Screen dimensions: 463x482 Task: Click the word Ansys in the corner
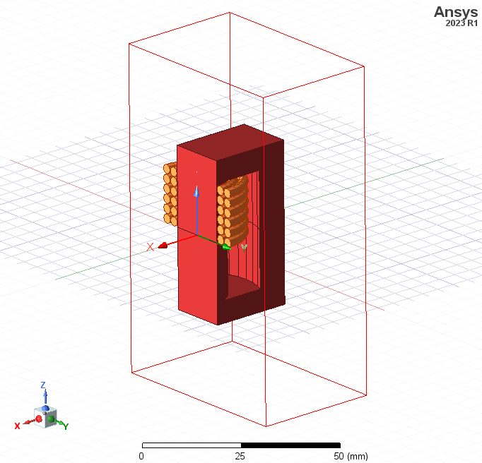pyautogui.click(x=457, y=11)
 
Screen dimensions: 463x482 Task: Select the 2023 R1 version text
pyautogui.click(x=462, y=23)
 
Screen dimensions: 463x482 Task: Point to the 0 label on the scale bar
pyautogui.click(x=141, y=456)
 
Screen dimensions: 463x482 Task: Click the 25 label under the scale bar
pyautogui.click(x=240, y=456)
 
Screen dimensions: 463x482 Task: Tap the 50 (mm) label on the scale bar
pyautogui.click(x=350, y=456)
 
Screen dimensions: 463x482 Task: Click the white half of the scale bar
pyautogui.click(x=191, y=445)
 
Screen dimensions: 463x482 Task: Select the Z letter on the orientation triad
pyautogui.click(x=43, y=385)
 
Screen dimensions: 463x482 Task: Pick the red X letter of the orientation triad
pyautogui.click(x=17, y=426)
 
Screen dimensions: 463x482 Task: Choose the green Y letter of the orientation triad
pyautogui.click(x=66, y=426)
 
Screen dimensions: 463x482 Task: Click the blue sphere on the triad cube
pyautogui.click(x=45, y=409)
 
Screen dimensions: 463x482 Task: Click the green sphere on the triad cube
pyautogui.click(x=52, y=419)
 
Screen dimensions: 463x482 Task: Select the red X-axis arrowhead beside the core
pyautogui.click(x=163, y=246)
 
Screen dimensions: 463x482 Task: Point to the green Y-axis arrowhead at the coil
pyautogui.click(x=225, y=246)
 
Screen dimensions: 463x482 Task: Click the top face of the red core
pyautogui.click(x=230, y=138)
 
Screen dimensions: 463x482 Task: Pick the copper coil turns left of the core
pyautogui.click(x=170, y=194)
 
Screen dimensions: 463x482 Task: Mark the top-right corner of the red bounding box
pyautogui.click(x=364, y=67)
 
